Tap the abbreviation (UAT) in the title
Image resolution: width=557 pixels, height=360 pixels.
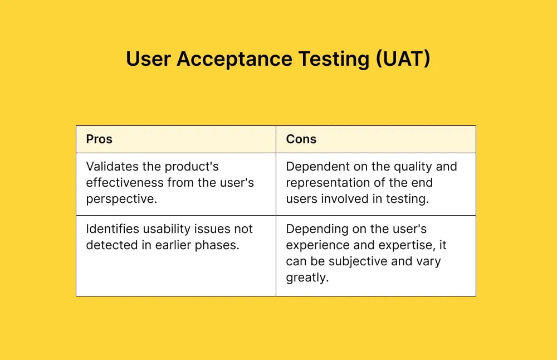403,59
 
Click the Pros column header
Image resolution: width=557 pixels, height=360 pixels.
99,139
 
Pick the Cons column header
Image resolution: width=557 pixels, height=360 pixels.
301,139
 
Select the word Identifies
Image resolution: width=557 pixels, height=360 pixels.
110,229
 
